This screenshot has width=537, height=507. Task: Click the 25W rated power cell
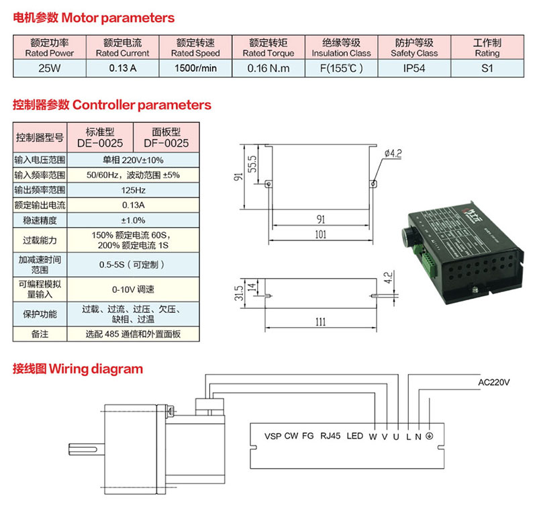click(49, 68)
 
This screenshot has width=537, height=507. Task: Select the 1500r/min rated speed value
click(195, 68)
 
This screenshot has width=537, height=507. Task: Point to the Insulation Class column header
click(341, 48)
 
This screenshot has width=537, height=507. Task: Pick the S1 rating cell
click(487, 68)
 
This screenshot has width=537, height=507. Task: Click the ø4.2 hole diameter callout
click(392, 154)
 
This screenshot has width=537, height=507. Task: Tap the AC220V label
click(493, 383)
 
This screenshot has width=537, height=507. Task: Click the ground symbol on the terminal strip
click(429, 436)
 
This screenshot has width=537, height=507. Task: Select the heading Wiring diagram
click(77, 368)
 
